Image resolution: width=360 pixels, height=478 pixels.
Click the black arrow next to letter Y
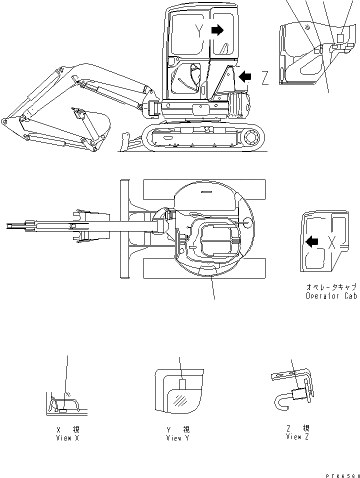pos(217,30)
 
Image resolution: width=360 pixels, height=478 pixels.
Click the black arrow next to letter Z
pos(245,76)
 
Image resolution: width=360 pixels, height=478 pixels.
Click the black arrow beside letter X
pos(311,242)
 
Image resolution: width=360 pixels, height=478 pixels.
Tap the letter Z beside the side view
pos(265,77)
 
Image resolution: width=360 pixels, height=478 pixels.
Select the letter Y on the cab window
pos(199,31)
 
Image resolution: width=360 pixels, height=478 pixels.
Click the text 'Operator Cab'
pos(331,296)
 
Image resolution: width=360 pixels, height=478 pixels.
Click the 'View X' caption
pos(67,438)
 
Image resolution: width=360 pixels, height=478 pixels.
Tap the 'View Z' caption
pos(298,436)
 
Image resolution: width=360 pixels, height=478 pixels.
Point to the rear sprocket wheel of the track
pos(252,136)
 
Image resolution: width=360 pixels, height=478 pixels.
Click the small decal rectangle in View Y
pos(182,384)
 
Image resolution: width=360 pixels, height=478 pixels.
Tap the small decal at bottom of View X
pos(63,410)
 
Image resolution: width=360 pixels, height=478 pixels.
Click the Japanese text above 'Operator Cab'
pos(331,287)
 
